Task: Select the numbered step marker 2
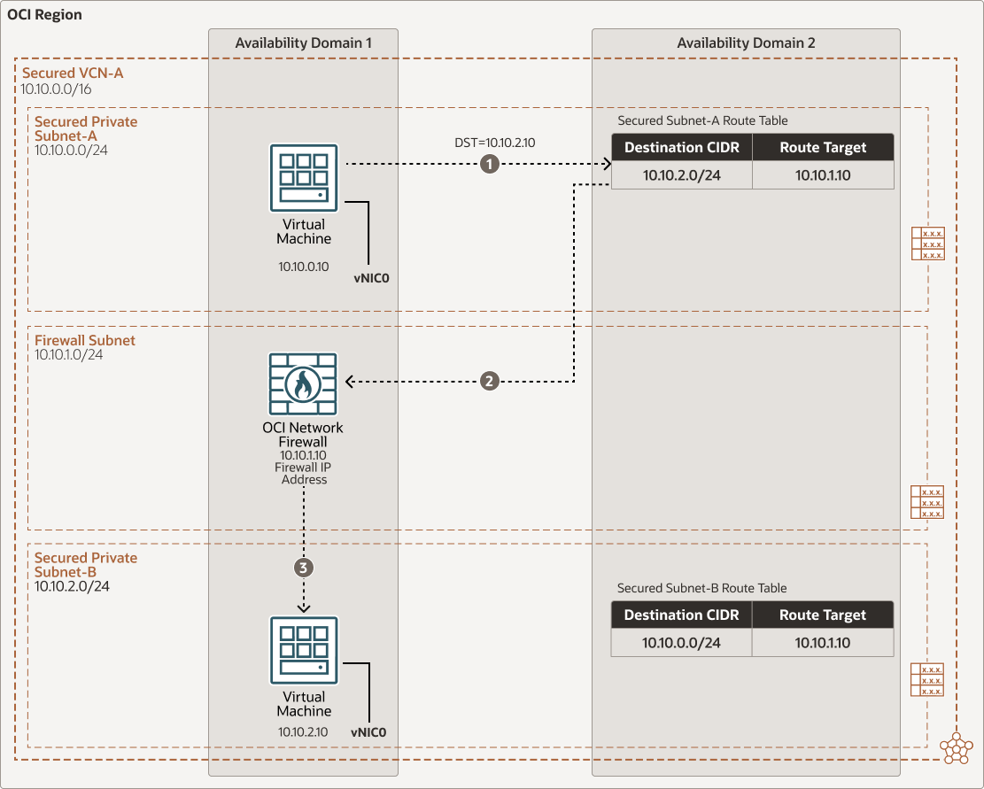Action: coord(489,382)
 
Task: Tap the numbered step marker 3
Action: coord(304,568)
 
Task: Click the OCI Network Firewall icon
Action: coord(303,383)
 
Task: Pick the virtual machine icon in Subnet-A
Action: coord(304,178)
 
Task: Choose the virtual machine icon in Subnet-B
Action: coord(304,651)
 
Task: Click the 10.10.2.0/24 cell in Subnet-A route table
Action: coord(681,175)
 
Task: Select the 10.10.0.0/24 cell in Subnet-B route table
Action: coord(681,643)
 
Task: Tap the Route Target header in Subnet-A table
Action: coord(823,148)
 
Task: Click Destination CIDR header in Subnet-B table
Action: coord(681,615)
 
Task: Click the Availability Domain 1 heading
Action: coord(304,43)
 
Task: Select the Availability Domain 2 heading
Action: coord(746,43)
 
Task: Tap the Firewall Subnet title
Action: coord(85,340)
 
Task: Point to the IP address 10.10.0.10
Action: coord(304,266)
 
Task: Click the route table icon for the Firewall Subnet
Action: coord(927,502)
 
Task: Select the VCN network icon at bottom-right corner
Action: coord(957,747)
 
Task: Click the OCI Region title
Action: coord(44,16)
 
